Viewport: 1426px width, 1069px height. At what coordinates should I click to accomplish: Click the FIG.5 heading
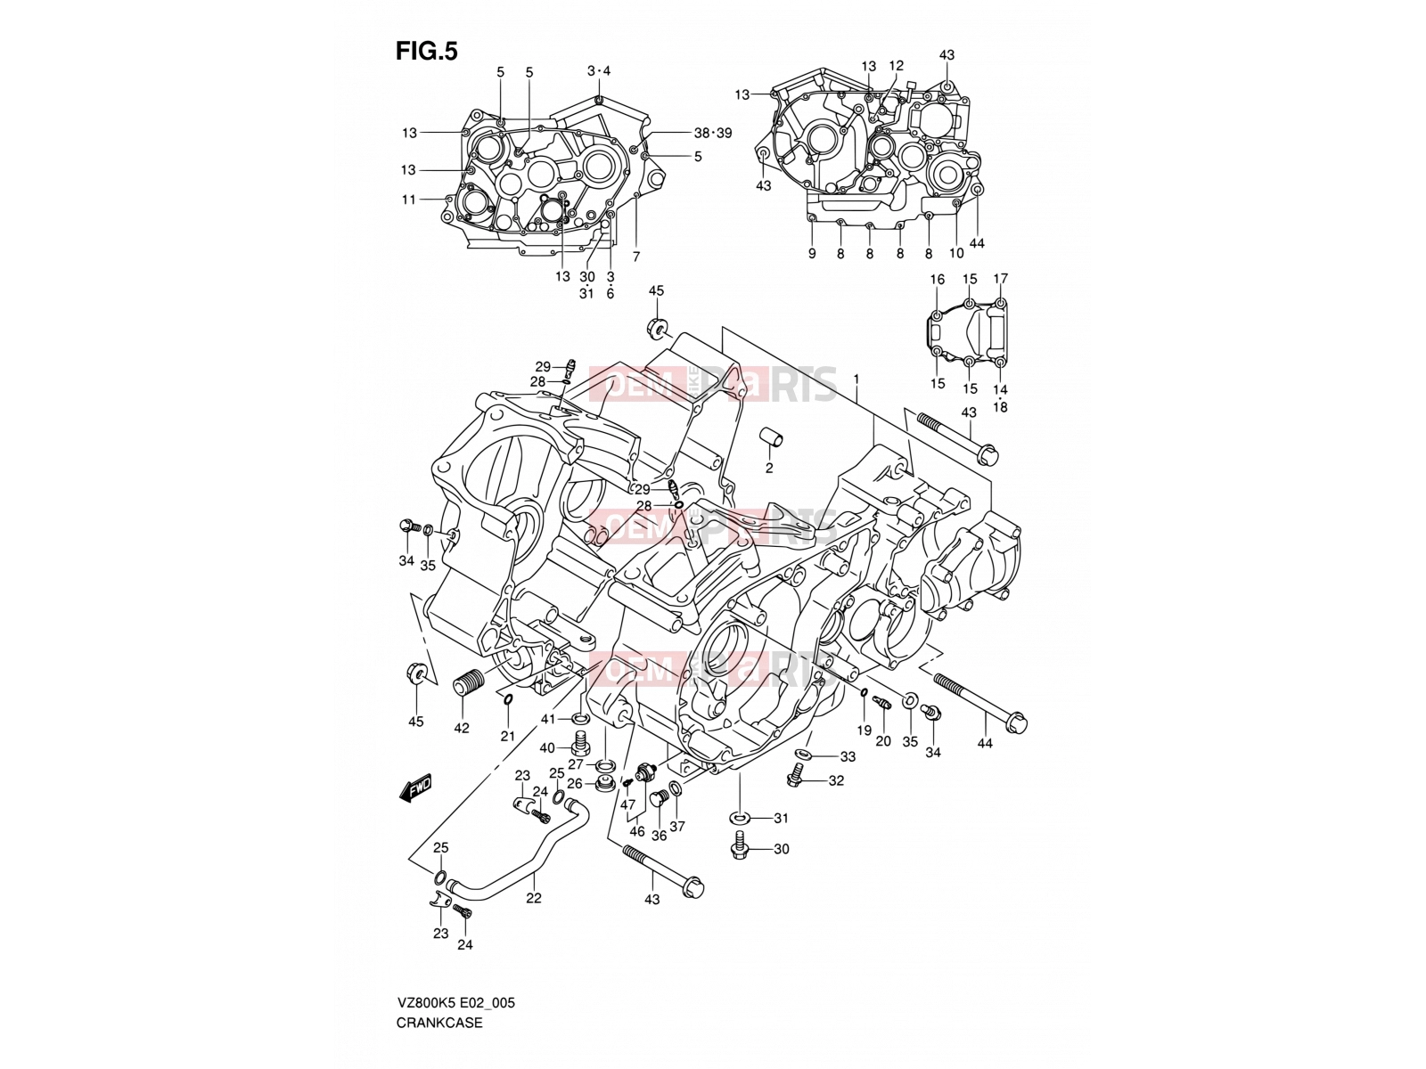[426, 51]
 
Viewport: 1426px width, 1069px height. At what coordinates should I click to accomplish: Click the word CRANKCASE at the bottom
[439, 1023]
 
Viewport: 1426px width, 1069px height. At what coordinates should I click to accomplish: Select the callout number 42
[462, 728]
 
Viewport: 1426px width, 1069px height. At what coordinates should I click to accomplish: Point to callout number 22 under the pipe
[533, 898]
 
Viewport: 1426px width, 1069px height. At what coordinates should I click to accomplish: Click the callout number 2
[768, 468]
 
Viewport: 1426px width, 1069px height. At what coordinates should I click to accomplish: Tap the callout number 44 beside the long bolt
[985, 743]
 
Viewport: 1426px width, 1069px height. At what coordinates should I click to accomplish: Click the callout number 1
[856, 379]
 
